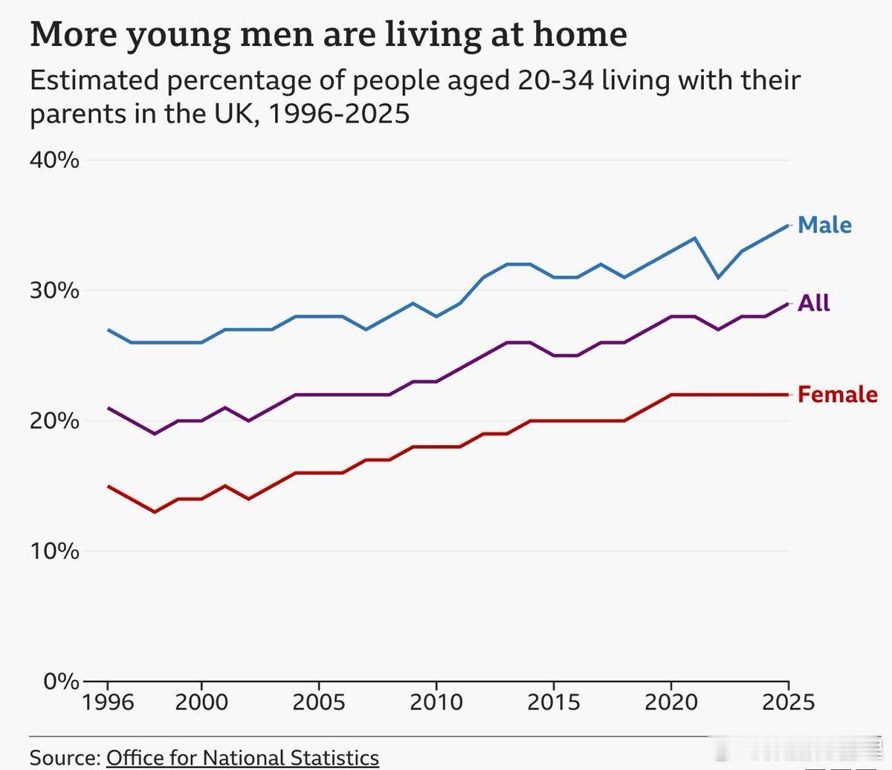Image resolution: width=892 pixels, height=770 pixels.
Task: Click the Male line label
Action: click(x=824, y=224)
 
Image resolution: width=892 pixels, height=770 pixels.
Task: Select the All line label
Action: click(x=814, y=303)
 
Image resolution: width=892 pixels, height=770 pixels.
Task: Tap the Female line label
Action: click(x=837, y=394)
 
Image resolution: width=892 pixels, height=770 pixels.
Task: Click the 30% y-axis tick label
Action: click(x=54, y=290)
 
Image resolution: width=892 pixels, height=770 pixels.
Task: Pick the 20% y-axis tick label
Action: click(x=54, y=421)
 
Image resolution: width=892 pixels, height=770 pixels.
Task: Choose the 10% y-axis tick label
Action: click(x=54, y=551)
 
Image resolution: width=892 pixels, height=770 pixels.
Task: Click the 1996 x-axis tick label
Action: click(x=109, y=702)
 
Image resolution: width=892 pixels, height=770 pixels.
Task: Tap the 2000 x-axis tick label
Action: click(x=201, y=702)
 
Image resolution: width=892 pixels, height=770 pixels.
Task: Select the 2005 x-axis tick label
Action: click(x=318, y=702)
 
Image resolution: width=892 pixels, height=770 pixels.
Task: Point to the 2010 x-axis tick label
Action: click(x=436, y=702)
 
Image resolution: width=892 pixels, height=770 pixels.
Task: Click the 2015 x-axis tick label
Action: click(x=553, y=702)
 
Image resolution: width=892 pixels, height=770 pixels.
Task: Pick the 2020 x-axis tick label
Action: click(x=670, y=702)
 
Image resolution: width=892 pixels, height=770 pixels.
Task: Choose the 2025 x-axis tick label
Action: click(x=788, y=702)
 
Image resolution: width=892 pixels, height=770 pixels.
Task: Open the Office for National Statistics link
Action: click(x=243, y=757)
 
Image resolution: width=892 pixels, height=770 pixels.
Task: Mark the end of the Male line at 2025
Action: click(x=788, y=225)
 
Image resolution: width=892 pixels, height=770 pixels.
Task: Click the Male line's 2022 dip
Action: click(x=718, y=277)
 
